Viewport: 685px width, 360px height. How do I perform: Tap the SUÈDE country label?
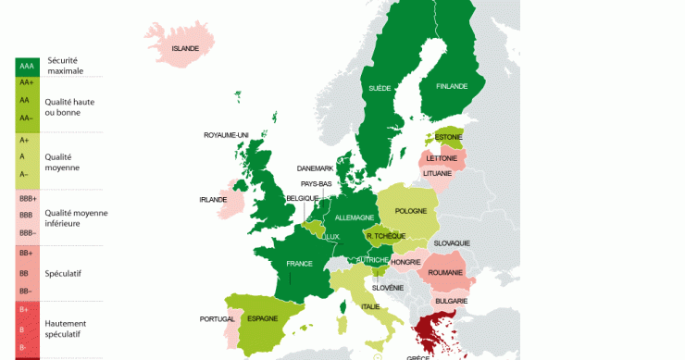click(x=380, y=88)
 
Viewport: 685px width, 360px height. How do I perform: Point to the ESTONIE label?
click(x=449, y=137)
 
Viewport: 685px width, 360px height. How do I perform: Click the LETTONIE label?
click(x=442, y=158)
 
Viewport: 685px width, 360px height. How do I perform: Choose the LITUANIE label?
click(x=437, y=173)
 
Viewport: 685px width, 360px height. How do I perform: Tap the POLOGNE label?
click(x=411, y=210)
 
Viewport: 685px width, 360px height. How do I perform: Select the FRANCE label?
click(x=299, y=264)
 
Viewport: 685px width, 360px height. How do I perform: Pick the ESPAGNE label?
click(x=264, y=318)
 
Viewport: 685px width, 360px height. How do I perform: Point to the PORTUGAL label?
click(x=217, y=319)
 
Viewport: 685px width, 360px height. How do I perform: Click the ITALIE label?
click(x=370, y=306)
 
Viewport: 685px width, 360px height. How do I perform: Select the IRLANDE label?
click(x=214, y=199)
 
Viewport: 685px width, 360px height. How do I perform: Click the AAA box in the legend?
click(x=26, y=67)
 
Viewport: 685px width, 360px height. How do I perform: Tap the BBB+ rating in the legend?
click(x=27, y=198)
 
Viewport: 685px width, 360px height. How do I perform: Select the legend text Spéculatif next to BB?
click(x=64, y=274)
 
